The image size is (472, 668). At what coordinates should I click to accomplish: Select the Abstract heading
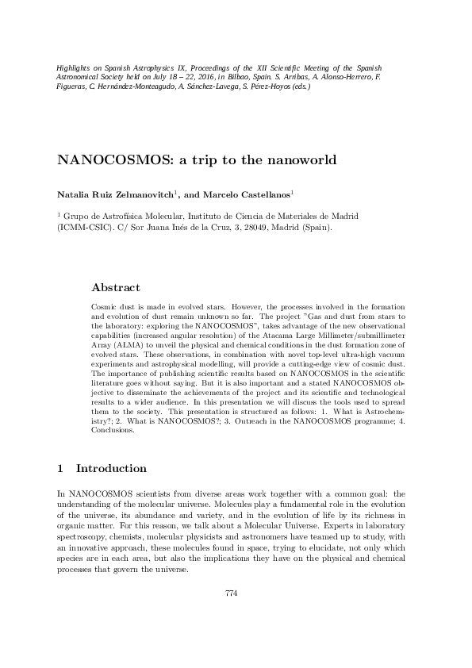[x=116, y=287]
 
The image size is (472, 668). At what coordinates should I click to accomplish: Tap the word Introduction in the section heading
[x=111, y=468]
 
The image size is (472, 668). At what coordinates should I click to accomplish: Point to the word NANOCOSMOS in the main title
[x=106, y=159]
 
